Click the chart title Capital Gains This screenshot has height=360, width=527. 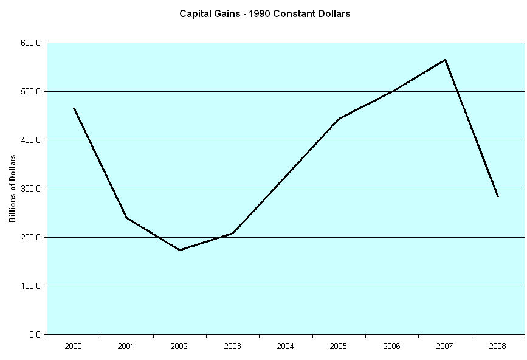click(x=264, y=13)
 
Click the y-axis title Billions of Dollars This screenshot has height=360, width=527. click(x=12, y=189)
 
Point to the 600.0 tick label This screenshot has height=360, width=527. click(x=30, y=43)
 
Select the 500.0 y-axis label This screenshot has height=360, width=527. click(x=30, y=92)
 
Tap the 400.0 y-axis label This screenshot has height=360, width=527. click(x=30, y=140)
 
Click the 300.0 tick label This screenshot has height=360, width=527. click(x=30, y=189)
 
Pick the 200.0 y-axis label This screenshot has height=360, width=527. click(x=30, y=238)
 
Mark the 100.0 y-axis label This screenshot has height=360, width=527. click(x=30, y=286)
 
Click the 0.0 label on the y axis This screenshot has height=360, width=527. click(x=35, y=335)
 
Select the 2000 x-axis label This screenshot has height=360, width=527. click(x=74, y=346)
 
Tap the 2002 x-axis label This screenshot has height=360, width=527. click(x=179, y=346)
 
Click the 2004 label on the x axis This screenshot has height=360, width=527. click(x=286, y=346)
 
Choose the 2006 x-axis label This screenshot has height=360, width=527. click(x=392, y=346)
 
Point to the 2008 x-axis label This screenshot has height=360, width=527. click(x=498, y=346)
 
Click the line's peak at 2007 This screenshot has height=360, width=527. click(x=445, y=60)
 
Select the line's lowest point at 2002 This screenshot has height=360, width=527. click(x=179, y=250)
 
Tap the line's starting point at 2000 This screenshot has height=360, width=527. click(x=74, y=108)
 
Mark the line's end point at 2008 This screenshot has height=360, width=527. click(x=498, y=196)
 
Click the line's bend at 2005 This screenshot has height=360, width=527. click(x=339, y=119)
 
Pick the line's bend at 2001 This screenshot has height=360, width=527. click(x=126, y=218)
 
